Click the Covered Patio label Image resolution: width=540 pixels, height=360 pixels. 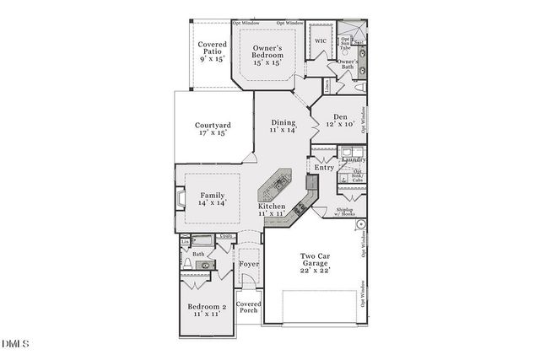tap(211, 51)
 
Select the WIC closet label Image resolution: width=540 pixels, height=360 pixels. tap(321, 40)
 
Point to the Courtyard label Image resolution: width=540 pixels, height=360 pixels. tap(213, 130)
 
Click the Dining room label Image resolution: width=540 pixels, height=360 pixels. tap(283, 126)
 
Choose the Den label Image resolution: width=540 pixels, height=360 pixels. tap(340, 121)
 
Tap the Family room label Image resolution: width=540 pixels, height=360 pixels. tap(213, 199)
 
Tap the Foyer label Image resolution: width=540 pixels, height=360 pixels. tap(248, 264)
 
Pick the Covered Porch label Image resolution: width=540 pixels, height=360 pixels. tap(248, 307)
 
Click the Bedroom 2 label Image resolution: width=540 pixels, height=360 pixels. tap(207, 310)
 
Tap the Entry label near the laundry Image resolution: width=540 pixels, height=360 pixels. tap(324, 167)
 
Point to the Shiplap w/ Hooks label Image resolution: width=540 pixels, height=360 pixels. tap(345, 212)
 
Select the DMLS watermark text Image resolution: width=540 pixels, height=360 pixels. tap(15, 343)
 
